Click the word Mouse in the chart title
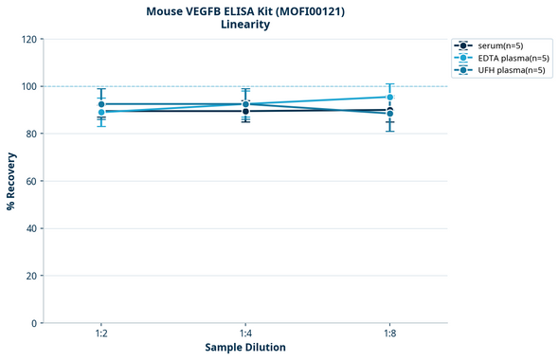tap(168, 11)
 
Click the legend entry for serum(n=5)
tap(499, 45)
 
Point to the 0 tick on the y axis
tap(34, 323)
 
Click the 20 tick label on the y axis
tap(31, 276)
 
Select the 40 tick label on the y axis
tap(31, 228)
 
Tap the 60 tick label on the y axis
tap(31, 181)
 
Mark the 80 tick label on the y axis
tap(31, 134)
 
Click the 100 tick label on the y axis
tap(28, 86)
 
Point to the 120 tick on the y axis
tap(28, 39)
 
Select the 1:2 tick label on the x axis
tap(101, 334)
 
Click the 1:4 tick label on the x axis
tap(245, 334)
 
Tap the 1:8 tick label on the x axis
tap(390, 334)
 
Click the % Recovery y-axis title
tap(10, 180)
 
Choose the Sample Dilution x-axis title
tap(245, 348)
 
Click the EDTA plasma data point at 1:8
tap(390, 97)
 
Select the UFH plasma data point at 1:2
tap(101, 104)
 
